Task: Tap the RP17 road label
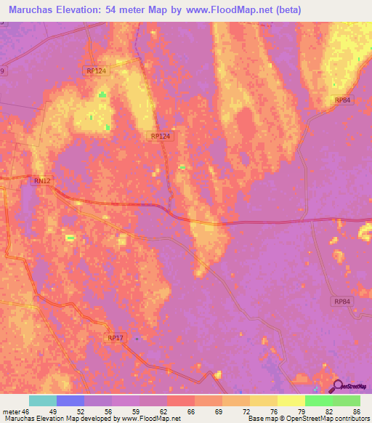[x=115, y=338]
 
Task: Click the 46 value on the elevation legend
[x=28, y=411]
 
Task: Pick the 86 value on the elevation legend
[x=357, y=411]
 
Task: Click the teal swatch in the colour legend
[x=43, y=400]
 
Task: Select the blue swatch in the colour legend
[x=70, y=400]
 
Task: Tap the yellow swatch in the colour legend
[x=291, y=400]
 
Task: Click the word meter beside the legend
[x=11, y=411]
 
